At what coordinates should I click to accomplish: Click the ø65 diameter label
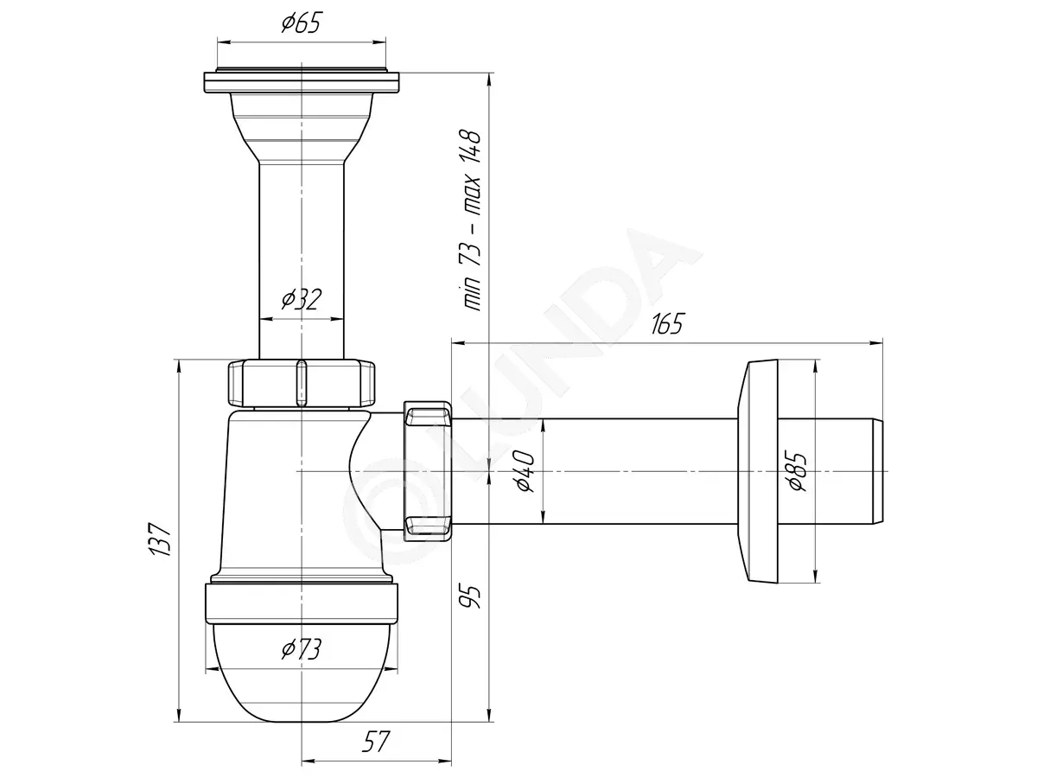(x=302, y=22)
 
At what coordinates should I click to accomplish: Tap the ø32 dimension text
(x=302, y=298)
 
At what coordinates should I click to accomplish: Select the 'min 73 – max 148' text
(x=469, y=220)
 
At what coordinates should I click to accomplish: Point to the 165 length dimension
(x=667, y=323)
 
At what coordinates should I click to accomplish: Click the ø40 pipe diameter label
(x=525, y=471)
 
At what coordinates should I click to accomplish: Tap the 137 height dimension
(x=160, y=539)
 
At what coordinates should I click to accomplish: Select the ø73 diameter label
(x=302, y=648)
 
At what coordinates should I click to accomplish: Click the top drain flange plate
(x=302, y=82)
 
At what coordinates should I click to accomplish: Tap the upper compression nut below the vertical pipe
(x=302, y=383)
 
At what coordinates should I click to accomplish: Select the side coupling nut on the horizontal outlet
(x=428, y=471)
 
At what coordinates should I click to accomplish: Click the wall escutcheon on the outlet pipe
(x=760, y=471)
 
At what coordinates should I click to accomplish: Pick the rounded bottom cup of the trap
(x=302, y=679)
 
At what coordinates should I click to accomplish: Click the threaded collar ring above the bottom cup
(x=302, y=603)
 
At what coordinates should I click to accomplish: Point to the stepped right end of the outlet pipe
(x=877, y=471)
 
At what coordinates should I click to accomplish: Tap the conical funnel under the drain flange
(x=302, y=128)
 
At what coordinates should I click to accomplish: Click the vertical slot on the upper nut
(x=301, y=383)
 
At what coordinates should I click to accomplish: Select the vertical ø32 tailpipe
(x=302, y=261)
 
